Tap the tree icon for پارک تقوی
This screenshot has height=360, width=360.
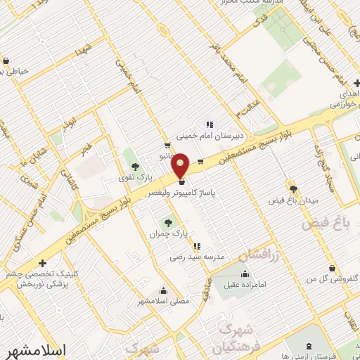coord(135,167)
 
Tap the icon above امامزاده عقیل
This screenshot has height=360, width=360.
coord(245,274)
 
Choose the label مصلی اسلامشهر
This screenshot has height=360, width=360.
coord(163,301)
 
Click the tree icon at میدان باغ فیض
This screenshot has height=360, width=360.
coord(293,189)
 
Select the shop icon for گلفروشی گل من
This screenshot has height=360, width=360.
coord(332,268)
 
